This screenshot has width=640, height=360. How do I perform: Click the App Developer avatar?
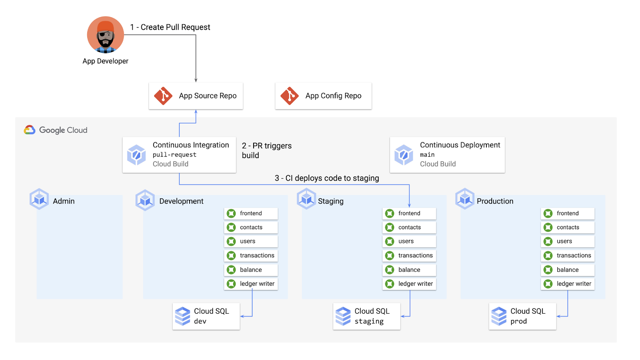click(105, 35)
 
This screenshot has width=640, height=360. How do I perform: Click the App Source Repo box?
click(196, 96)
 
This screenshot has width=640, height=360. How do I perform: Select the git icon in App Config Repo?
click(290, 96)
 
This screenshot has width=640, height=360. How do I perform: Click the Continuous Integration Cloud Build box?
click(179, 155)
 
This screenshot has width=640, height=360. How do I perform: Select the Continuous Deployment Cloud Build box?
click(447, 155)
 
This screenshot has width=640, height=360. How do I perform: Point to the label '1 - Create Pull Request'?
click(170, 27)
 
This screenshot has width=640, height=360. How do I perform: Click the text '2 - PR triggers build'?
click(266, 150)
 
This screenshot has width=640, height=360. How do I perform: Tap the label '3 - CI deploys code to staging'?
click(327, 178)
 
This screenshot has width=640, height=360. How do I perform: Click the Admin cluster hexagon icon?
click(39, 199)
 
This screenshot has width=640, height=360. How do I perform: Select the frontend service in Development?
click(251, 214)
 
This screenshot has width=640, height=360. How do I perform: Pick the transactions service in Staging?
click(409, 256)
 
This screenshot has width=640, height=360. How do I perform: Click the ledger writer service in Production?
click(568, 284)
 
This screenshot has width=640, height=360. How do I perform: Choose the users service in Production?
click(568, 242)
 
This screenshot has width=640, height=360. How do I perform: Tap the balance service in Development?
click(251, 270)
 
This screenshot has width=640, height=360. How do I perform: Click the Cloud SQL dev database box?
click(206, 316)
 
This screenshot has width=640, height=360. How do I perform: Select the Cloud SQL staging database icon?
click(343, 316)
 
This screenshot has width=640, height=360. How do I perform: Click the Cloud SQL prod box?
click(522, 316)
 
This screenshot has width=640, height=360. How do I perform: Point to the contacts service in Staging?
click(409, 228)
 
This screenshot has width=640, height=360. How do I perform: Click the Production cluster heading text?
click(495, 201)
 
